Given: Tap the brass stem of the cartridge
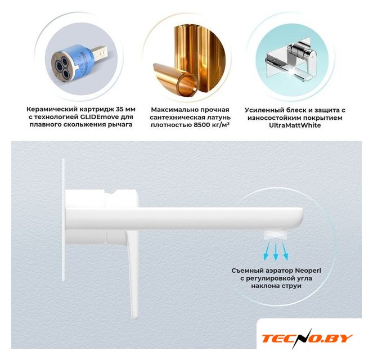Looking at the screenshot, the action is pyautogui.click(x=100, y=53).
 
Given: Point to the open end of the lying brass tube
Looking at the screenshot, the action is pyautogui.click(x=188, y=84).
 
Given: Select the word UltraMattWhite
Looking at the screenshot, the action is pyautogui.click(x=295, y=125).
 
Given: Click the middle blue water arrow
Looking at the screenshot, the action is pyautogui.click(x=276, y=251).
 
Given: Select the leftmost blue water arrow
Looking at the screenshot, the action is pyautogui.click(x=267, y=251).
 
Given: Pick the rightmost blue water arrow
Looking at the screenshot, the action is pyautogui.click(x=285, y=251).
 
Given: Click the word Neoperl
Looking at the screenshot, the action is pyautogui.click(x=308, y=271).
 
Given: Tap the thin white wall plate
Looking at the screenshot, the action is pyautogui.click(x=64, y=220).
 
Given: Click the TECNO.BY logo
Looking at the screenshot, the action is pyautogui.click(x=307, y=338).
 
